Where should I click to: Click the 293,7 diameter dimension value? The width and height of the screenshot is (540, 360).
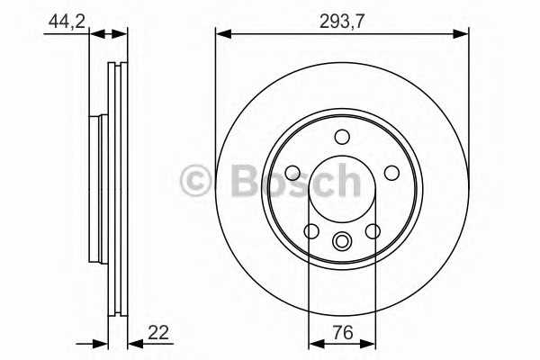click(341, 22)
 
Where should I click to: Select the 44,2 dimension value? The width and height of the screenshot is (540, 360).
click(67, 22)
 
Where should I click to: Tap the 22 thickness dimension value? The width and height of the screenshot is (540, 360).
click(158, 332)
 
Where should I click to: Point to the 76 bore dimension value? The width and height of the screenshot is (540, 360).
click(344, 332)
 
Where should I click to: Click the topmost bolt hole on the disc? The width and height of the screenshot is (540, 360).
click(342, 137)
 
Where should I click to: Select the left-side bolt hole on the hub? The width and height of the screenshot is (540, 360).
click(293, 173)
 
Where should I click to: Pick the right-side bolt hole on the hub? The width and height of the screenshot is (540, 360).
click(391, 173)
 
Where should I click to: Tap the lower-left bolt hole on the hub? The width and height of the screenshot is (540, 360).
click(311, 231)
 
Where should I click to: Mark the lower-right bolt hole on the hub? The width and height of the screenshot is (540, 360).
click(373, 231)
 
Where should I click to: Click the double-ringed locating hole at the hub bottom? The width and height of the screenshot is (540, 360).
click(342, 241)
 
